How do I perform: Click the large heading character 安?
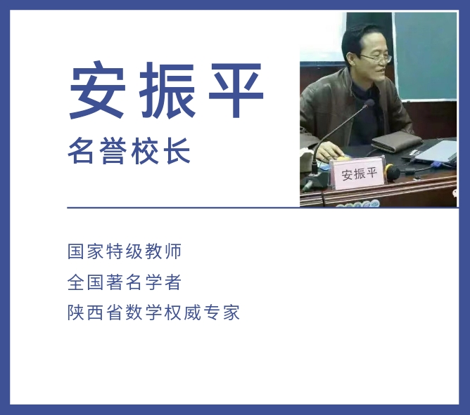pos(98,90)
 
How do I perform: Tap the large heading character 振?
pos(167,90)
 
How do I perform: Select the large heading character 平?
pos(236,90)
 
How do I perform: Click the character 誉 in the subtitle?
pos(113,151)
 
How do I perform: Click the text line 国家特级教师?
pos(125,251)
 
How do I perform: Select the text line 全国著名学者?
pos(125,282)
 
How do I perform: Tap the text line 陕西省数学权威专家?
pos(153,312)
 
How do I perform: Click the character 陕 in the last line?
pos(75,312)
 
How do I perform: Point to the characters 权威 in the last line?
pos(182,312)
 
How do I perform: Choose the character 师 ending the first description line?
pos(173,251)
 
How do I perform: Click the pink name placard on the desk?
pos(357,173)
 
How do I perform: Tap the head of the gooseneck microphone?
pos(369,103)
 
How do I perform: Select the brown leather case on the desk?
pos(397,142)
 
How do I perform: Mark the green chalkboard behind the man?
pos(426,56)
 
